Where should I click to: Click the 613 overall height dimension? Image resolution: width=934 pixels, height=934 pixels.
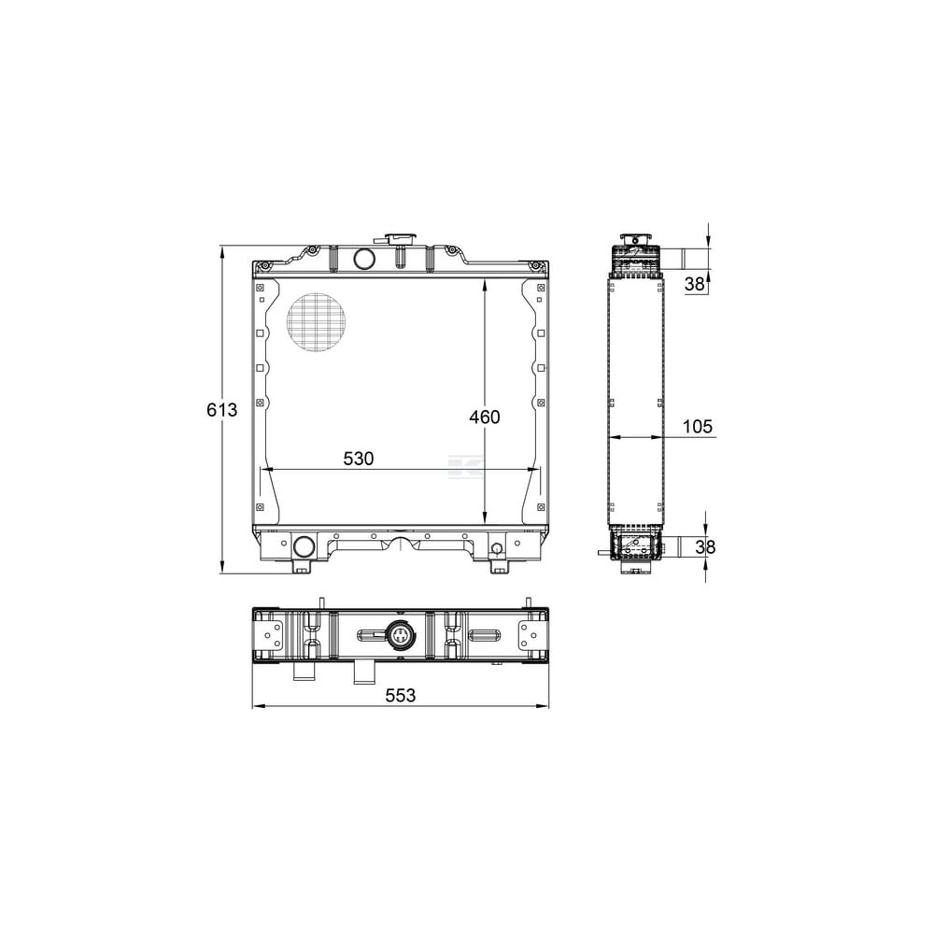click(221, 410)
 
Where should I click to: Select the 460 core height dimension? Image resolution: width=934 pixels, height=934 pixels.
click(484, 417)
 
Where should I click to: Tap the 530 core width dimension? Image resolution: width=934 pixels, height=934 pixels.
click(359, 458)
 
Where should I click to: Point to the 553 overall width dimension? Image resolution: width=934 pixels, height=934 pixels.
click(401, 695)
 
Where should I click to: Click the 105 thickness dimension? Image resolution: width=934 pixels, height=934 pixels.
click(697, 427)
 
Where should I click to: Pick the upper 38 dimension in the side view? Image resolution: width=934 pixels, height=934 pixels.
click(695, 284)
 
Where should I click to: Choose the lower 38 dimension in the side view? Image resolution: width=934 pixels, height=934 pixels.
click(705, 546)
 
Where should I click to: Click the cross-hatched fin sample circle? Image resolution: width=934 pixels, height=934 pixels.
click(317, 322)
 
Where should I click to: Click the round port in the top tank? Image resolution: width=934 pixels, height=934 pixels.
click(363, 259)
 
